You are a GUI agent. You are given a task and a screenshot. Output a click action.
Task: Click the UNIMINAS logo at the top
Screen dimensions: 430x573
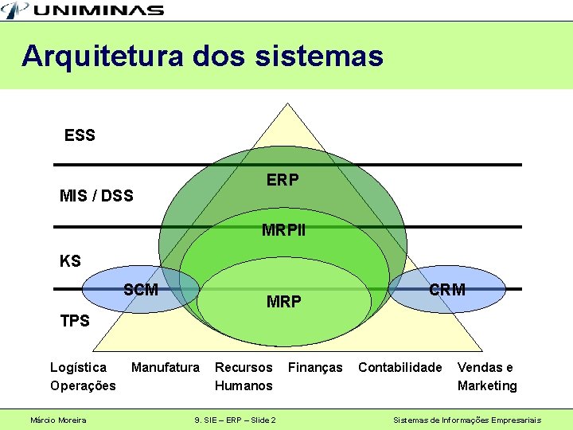click(83, 10)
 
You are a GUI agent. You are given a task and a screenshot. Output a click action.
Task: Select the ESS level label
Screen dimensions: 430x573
click(80, 136)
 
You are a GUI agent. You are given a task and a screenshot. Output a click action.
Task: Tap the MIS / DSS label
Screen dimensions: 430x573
click(96, 196)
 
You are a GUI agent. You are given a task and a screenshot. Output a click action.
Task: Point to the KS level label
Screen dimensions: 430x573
click(70, 261)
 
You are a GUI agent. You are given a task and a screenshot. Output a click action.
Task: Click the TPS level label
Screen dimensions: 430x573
click(76, 321)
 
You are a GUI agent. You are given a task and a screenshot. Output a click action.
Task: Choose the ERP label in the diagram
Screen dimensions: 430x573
click(283, 181)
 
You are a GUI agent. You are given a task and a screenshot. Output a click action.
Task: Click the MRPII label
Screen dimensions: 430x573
click(283, 232)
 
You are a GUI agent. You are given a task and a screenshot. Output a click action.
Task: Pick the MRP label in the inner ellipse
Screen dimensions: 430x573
click(284, 302)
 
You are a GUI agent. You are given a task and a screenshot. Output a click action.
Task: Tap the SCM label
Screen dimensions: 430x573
click(141, 290)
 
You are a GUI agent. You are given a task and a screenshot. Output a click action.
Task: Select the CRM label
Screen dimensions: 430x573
click(447, 290)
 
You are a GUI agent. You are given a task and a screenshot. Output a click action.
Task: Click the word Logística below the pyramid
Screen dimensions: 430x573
click(78, 368)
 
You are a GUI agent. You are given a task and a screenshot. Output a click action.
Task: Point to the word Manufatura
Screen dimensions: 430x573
click(166, 368)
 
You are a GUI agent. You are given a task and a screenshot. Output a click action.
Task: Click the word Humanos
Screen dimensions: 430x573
click(244, 386)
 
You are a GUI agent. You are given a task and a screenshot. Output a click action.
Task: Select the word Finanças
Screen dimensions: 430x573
click(315, 368)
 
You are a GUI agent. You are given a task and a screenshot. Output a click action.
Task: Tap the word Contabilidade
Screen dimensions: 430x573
click(400, 368)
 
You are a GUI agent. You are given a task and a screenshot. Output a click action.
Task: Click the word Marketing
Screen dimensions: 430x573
click(487, 386)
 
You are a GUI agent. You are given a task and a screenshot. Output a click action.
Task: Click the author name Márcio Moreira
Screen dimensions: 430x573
click(58, 420)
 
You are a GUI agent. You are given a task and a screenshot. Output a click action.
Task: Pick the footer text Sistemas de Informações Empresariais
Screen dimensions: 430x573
click(468, 420)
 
